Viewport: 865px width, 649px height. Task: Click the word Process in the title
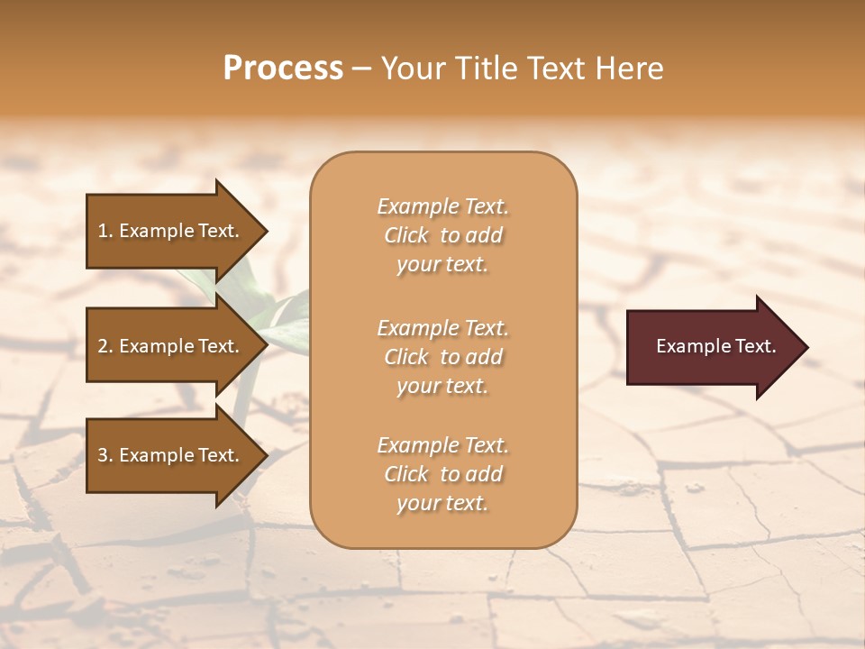[x=283, y=69]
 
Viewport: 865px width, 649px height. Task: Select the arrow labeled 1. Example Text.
[x=171, y=231]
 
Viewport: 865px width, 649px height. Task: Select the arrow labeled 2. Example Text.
[x=171, y=346]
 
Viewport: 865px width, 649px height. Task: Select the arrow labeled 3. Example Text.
[x=171, y=455]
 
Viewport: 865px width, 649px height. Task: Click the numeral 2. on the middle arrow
[x=105, y=346]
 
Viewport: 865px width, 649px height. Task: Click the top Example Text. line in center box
[x=442, y=206]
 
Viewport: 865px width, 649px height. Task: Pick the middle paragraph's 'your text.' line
[x=442, y=386]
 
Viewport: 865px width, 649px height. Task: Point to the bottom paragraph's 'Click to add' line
[x=442, y=474]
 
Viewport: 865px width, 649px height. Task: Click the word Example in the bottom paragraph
[x=417, y=445]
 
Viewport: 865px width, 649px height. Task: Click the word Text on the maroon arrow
[x=755, y=346]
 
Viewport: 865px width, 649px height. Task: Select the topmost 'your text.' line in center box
[x=442, y=265]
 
